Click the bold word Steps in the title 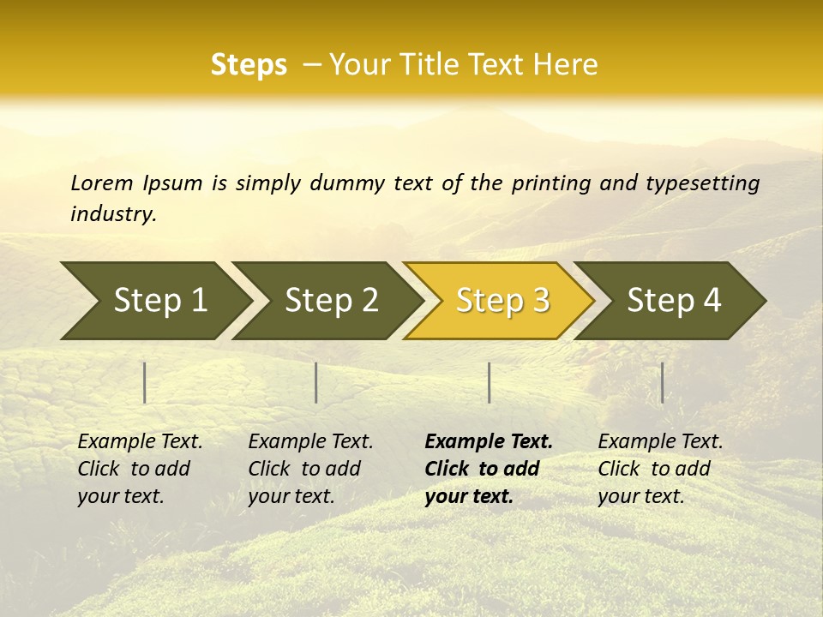coord(249,65)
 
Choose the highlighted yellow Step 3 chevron coord(502,300)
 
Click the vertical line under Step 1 coord(145,382)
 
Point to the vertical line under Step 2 coord(316,382)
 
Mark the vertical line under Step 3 coord(489,382)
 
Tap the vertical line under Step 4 coord(662,382)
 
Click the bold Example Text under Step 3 coord(489,468)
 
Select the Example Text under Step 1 coord(140,468)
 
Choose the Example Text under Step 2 coord(310,468)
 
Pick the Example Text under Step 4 coord(660,468)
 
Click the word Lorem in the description coord(102,183)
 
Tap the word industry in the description coord(113,214)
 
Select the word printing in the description coord(551,183)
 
